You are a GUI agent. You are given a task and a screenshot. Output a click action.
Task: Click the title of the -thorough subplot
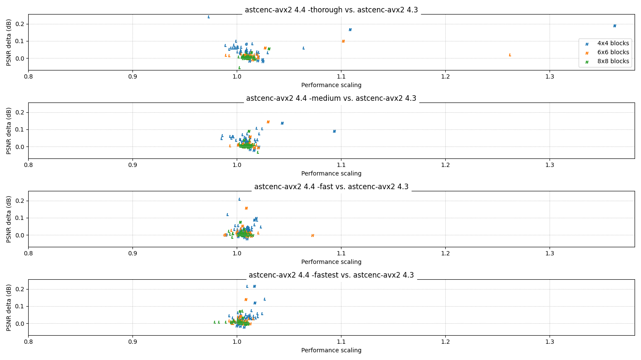(331, 10)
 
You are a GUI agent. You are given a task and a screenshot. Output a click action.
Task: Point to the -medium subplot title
(331, 98)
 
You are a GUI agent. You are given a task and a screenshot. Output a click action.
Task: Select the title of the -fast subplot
(331, 187)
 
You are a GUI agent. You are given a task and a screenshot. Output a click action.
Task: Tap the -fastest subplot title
(331, 275)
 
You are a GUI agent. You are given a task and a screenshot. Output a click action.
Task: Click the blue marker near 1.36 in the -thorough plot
(615, 26)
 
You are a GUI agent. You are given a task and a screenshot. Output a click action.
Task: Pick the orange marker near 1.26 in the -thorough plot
(510, 55)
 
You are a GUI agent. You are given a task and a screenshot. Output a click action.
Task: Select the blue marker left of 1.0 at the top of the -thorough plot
(209, 17)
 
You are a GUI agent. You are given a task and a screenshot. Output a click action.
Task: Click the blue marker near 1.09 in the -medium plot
(334, 132)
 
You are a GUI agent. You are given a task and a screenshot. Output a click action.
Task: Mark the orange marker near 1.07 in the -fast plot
(312, 236)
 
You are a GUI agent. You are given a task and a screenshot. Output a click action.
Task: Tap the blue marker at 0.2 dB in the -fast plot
(239, 199)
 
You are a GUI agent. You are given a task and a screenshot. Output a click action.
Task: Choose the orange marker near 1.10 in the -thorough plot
(343, 41)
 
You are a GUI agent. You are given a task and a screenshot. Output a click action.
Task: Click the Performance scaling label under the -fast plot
(331, 262)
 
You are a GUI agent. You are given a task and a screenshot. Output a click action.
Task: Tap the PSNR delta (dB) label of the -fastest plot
(9, 307)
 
